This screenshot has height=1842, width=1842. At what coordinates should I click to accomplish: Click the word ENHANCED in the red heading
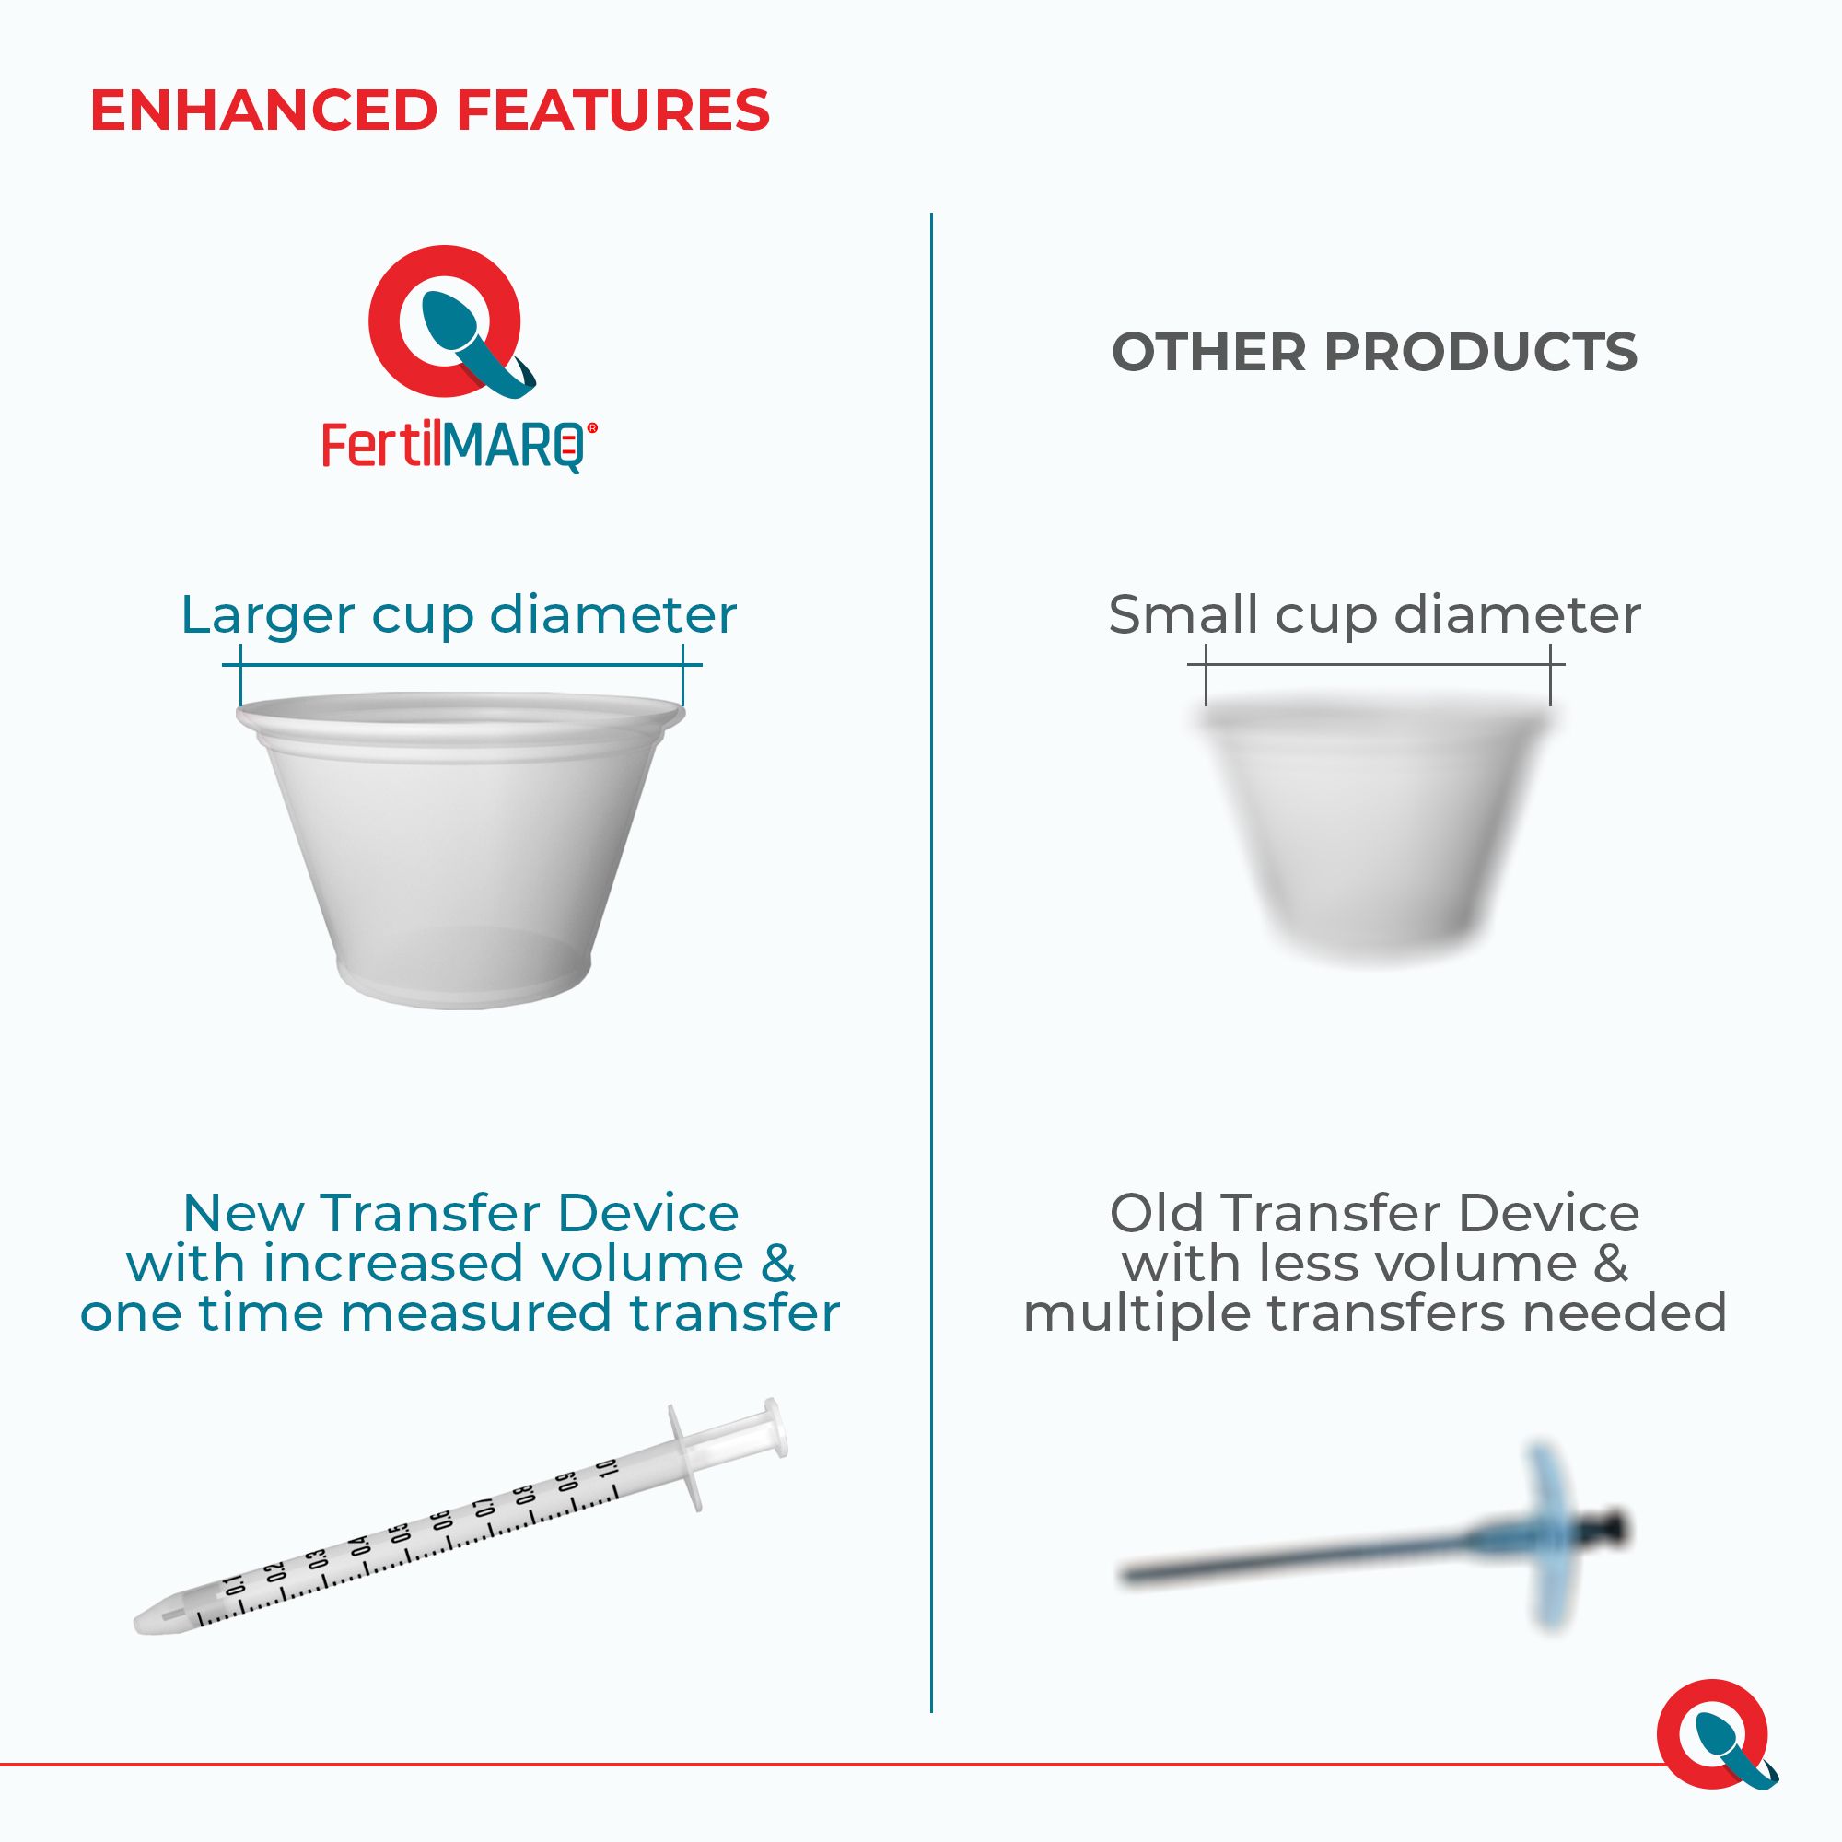(x=263, y=111)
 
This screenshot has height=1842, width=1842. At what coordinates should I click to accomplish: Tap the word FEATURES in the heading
(x=613, y=111)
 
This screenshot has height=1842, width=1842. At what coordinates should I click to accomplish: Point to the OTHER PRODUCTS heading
(x=1375, y=352)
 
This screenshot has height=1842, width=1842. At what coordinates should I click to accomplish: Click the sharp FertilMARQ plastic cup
(x=460, y=848)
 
